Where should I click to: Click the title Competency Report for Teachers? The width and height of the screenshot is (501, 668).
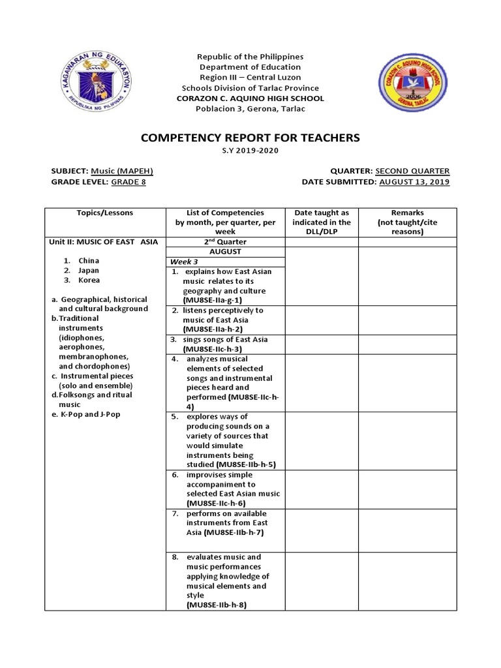click(250, 138)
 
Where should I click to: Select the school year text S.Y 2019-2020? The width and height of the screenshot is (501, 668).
click(250, 151)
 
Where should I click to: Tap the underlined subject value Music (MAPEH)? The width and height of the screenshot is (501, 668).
click(122, 171)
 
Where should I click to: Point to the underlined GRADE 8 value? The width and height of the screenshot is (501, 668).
click(129, 182)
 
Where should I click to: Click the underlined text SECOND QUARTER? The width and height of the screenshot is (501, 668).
click(412, 171)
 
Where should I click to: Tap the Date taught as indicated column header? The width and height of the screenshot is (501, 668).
click(322, 222)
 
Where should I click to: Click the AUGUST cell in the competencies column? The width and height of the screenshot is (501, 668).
click(224, 250)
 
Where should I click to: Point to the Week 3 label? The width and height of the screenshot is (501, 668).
click(185, 261)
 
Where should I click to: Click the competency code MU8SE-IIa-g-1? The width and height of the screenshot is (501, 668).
click(213, 300)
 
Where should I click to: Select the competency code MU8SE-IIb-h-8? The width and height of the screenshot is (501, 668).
click(217, 605)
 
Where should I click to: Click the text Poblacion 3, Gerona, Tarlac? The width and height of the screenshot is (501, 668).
click(250, 109)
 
